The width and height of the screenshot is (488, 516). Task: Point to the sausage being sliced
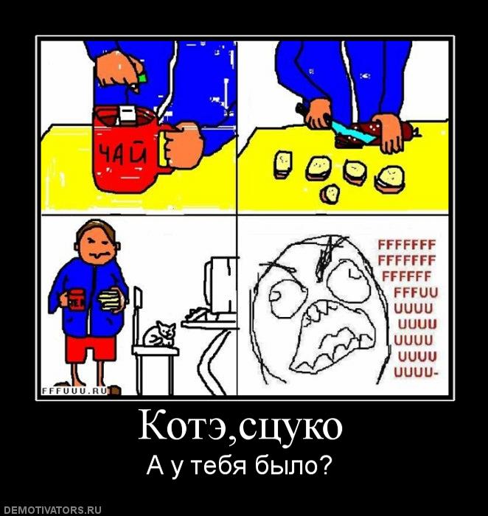[x=376, y=135]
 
